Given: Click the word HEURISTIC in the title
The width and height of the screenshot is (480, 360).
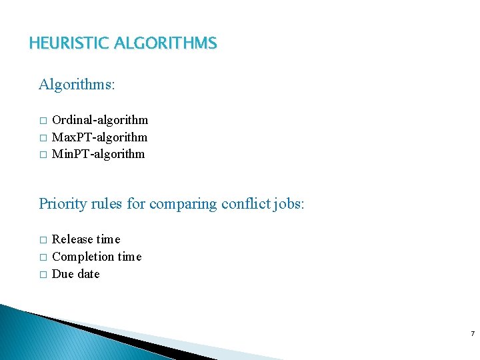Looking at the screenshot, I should (69, 44).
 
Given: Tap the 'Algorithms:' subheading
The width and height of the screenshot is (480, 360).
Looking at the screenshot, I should (77, 85).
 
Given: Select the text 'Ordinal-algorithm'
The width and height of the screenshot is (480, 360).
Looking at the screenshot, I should (100, 120).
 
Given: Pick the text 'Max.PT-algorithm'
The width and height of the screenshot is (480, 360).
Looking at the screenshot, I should (99, 137).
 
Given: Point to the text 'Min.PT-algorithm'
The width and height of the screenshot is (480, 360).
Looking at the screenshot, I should (98, 154).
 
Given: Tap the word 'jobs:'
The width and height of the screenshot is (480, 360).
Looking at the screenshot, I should (289, 203).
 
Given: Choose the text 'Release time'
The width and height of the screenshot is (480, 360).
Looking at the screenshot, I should (86, 239).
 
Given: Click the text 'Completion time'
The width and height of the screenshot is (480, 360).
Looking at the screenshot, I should (97, 257).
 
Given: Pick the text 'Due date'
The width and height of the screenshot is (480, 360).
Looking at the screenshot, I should (75, 274).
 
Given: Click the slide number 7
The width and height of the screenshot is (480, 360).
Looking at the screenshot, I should (472, 333).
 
